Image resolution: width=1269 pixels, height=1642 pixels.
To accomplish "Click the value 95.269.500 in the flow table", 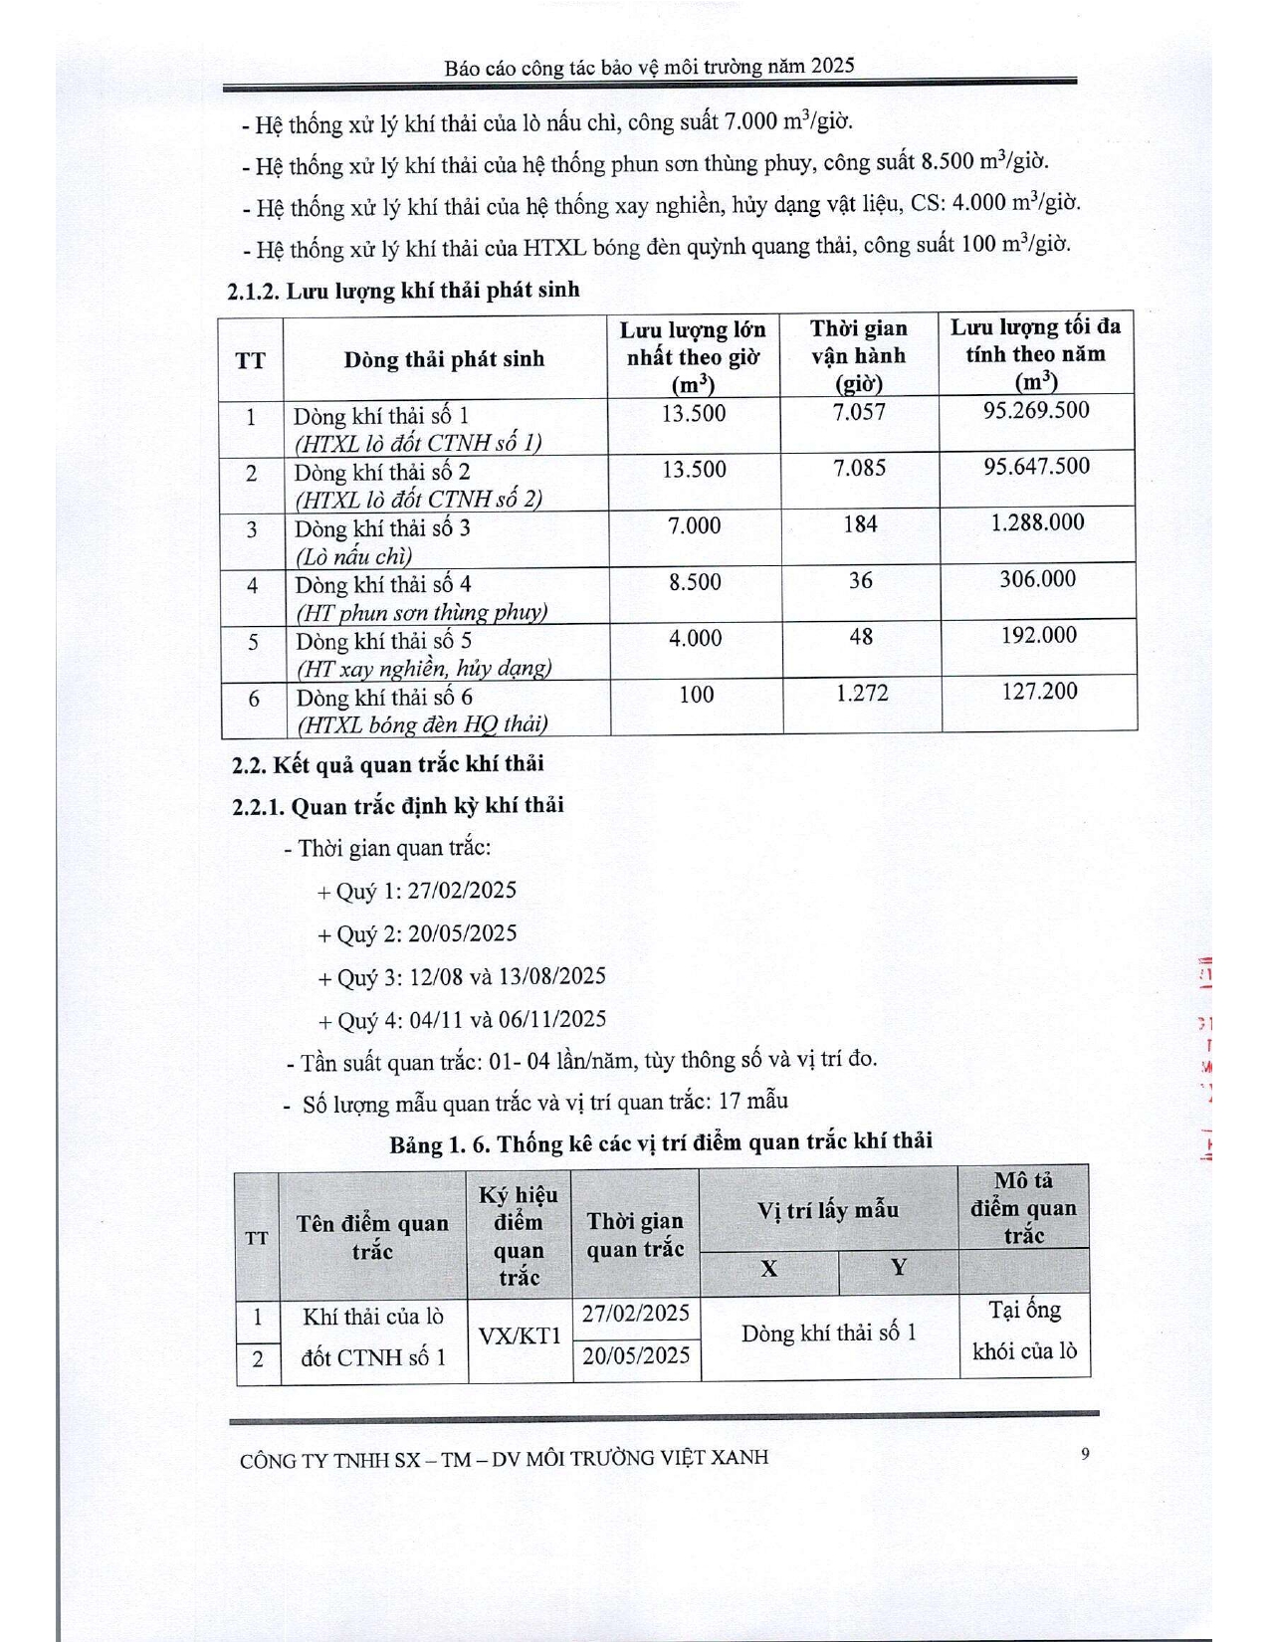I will (1036, 411).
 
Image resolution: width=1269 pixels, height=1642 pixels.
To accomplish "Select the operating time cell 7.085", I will (860, 468).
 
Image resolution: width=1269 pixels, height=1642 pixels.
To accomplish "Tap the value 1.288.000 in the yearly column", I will (1037, 523).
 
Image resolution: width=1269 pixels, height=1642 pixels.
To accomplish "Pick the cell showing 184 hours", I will (860, 524).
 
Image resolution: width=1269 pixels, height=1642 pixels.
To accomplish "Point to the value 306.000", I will (1037, 579).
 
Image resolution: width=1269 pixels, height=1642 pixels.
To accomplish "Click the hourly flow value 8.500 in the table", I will (695, 582).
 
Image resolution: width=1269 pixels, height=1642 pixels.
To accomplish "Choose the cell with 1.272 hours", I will (861, 693).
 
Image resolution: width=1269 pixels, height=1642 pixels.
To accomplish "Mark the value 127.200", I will (1038, 692).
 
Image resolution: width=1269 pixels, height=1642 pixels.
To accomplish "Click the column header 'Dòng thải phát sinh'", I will (444, 359).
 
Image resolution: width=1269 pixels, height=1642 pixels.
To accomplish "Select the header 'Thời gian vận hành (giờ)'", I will (858, 356).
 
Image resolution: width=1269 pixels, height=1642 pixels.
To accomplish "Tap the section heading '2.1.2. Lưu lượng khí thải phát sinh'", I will (403, 291).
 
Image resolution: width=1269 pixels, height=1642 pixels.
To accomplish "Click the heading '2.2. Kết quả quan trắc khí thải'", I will (388, 764).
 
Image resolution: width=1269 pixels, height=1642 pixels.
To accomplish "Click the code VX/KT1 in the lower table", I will (520, 1335).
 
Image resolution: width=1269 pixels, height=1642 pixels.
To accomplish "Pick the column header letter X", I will (768, 1269).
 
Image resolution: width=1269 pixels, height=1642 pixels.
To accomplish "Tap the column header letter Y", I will (899, 1268).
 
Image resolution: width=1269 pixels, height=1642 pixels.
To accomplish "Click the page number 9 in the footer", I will (1085, 1454).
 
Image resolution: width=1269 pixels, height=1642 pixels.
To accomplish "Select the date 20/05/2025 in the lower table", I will (636, 1355).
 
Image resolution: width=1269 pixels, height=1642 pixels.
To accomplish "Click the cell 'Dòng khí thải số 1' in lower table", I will (828, 1334).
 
